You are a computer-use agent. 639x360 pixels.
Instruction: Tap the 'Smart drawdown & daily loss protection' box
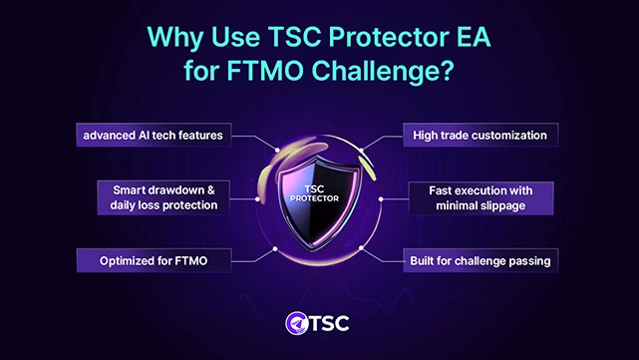click(x=161, y=196)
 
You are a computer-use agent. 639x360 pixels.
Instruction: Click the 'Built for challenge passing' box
click(x=478, y=261)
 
